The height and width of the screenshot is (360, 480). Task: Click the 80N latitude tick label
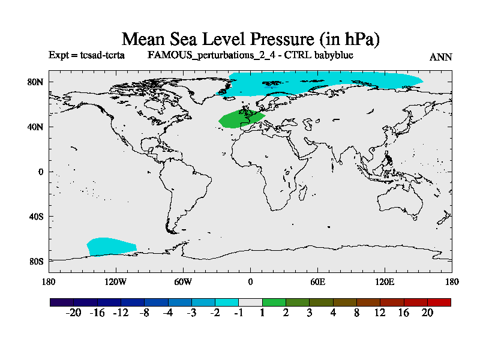coord(37,82)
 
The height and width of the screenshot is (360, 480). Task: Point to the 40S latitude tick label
coord(37,217)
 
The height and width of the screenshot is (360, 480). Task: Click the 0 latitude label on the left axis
coord(40,172)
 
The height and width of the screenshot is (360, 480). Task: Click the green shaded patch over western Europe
coord(240,119)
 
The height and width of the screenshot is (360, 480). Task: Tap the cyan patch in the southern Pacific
coord(111,246)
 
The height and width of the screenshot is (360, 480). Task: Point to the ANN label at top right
coord(441,57)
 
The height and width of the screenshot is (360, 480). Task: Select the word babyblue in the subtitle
coord(332,55)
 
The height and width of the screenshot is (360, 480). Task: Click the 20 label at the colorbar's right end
coord(427,313)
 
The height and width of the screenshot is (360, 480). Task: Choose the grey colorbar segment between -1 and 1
coord(250,302)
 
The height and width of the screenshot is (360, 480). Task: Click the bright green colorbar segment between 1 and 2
coord(274,302)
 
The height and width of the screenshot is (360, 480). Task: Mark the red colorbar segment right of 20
coord(439,302)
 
